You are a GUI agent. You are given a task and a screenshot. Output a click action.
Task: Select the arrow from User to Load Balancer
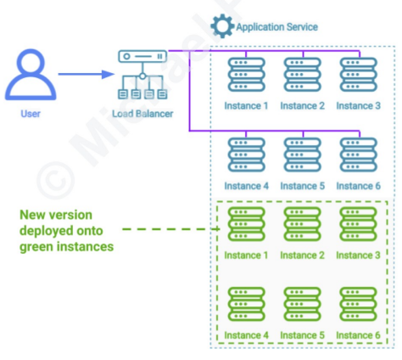coord(85,74)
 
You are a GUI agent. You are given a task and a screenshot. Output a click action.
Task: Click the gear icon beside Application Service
coord(222,26)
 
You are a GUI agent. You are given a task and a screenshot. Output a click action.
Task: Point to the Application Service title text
coord(277,27)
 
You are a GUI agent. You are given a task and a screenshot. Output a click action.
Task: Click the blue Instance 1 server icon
coord(245,76)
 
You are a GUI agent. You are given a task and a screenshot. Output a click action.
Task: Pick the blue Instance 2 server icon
coord(302,76)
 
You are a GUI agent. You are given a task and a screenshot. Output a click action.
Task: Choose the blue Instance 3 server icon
coord(358,76)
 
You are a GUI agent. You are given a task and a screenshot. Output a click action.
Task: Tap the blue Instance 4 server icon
coord(245,156)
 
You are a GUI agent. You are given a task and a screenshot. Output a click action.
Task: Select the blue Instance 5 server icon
coord(302,156)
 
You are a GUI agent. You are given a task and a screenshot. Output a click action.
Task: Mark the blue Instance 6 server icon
coord(358,156)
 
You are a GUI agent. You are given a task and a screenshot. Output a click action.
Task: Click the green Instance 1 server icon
coord(245,226)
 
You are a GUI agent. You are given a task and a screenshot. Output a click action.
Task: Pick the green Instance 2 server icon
coord(302,226)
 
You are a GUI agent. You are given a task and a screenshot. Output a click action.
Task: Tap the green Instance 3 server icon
coord(358,226)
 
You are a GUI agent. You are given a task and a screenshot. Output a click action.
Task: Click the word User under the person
coord(30,113)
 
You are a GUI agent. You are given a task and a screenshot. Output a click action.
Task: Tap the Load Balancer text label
coord(142,113)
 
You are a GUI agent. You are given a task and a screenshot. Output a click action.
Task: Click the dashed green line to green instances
coord(165,229)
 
